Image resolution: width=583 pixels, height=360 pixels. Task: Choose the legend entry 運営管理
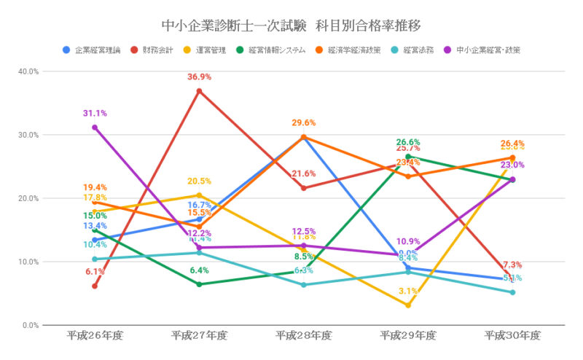[x=211, y=50]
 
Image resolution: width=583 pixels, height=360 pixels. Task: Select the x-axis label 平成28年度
[x=304, y=336]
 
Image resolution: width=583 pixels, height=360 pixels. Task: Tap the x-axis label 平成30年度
[x=513, y=336]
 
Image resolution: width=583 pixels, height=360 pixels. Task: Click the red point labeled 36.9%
[x=199, y=91]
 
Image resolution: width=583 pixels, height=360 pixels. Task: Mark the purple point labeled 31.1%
[x=95, y=128]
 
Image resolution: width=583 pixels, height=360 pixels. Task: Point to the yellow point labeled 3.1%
[x=408, y=305]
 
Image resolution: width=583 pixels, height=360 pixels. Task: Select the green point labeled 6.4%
[x=199, y=284]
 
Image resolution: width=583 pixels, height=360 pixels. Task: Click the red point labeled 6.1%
[x=95, y=286]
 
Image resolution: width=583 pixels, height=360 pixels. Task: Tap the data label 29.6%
[x=304, y=123]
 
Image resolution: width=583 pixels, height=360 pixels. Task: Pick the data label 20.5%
[x=199, y=181]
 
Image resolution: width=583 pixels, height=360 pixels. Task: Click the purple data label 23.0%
[x=513, y=165]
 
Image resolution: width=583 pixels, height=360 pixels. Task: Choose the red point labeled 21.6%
[x=304, y=188]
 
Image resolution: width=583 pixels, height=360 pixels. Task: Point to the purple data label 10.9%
[x=408, y=242]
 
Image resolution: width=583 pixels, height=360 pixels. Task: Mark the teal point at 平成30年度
[x=513, y=292]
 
